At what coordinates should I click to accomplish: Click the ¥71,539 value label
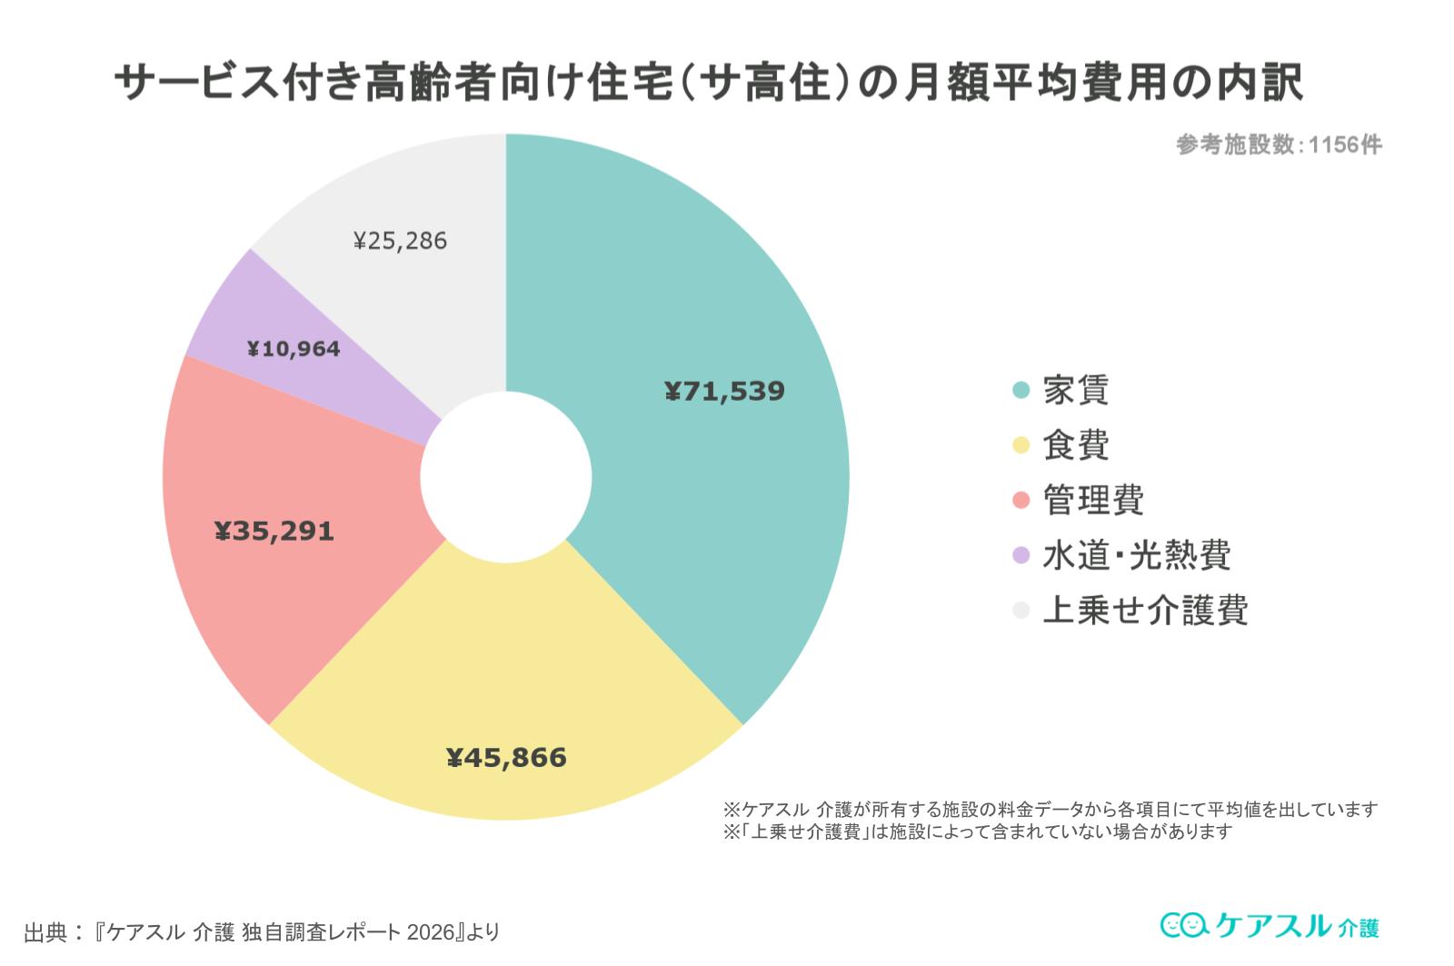[724, 392]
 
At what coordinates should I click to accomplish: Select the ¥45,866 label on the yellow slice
[506, 758]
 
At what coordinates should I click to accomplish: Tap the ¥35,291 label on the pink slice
[274, 531]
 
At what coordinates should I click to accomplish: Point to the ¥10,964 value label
[294, 349]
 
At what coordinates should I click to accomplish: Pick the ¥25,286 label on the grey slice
[400, 241]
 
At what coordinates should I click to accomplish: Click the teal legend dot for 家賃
[1021, 391]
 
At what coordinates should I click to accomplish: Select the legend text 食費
[1076, 445]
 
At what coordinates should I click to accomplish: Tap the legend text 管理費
[1093, 500]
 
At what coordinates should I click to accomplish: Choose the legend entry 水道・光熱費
[1137, 555]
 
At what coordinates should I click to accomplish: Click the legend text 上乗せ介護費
[1145, 610]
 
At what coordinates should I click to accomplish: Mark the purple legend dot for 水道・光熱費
[1021, 555]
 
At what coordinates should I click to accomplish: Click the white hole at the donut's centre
[506, 477]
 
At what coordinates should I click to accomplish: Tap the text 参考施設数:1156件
[1279, 144]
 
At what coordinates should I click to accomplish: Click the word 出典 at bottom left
[46, 932]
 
